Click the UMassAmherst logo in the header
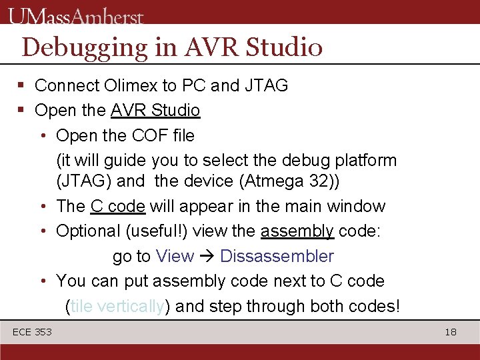[76, 15]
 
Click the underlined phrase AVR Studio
[155, 110]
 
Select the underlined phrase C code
[118, 207]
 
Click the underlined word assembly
[297, 231]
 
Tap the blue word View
[175, 257]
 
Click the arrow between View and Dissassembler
[207, 257]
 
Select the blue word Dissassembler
[277, 257]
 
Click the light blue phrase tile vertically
[117, 307]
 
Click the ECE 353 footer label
[32, 332]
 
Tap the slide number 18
[451, 332]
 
